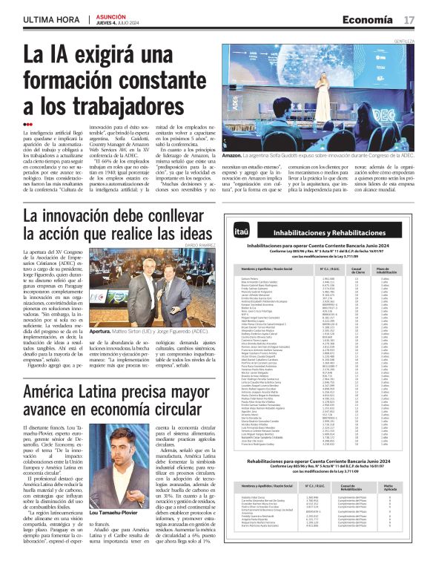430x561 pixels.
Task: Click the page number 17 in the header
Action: coord(417,19)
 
